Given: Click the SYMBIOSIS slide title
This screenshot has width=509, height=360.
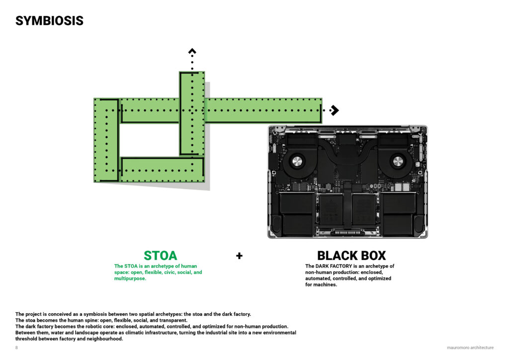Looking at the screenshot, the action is coord(49,21).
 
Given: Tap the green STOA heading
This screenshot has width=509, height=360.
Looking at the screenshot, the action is coord(161,256).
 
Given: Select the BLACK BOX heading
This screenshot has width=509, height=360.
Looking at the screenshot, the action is coord(351,256).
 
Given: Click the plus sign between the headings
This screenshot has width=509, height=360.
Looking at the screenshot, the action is coord(239,256).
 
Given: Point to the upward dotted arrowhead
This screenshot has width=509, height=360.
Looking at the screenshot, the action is coord(192,51).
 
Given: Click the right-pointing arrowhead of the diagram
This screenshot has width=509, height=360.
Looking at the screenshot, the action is coord(335,110).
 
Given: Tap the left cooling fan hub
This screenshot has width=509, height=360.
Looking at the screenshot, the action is coord(297,161).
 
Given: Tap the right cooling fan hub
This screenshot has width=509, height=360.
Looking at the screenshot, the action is coord(398,161).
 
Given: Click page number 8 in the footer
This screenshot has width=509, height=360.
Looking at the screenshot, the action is coord(16,348).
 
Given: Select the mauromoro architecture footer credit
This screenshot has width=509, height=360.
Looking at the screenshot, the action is coord(470,348).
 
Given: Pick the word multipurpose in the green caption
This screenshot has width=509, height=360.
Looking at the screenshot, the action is coord(130,278).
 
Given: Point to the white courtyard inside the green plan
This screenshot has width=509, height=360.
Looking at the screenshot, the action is coord(149,140).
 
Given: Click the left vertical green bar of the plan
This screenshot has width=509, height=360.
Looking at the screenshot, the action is coord(106,140).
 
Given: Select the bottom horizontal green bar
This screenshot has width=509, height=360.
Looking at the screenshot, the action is coord(162,170).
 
